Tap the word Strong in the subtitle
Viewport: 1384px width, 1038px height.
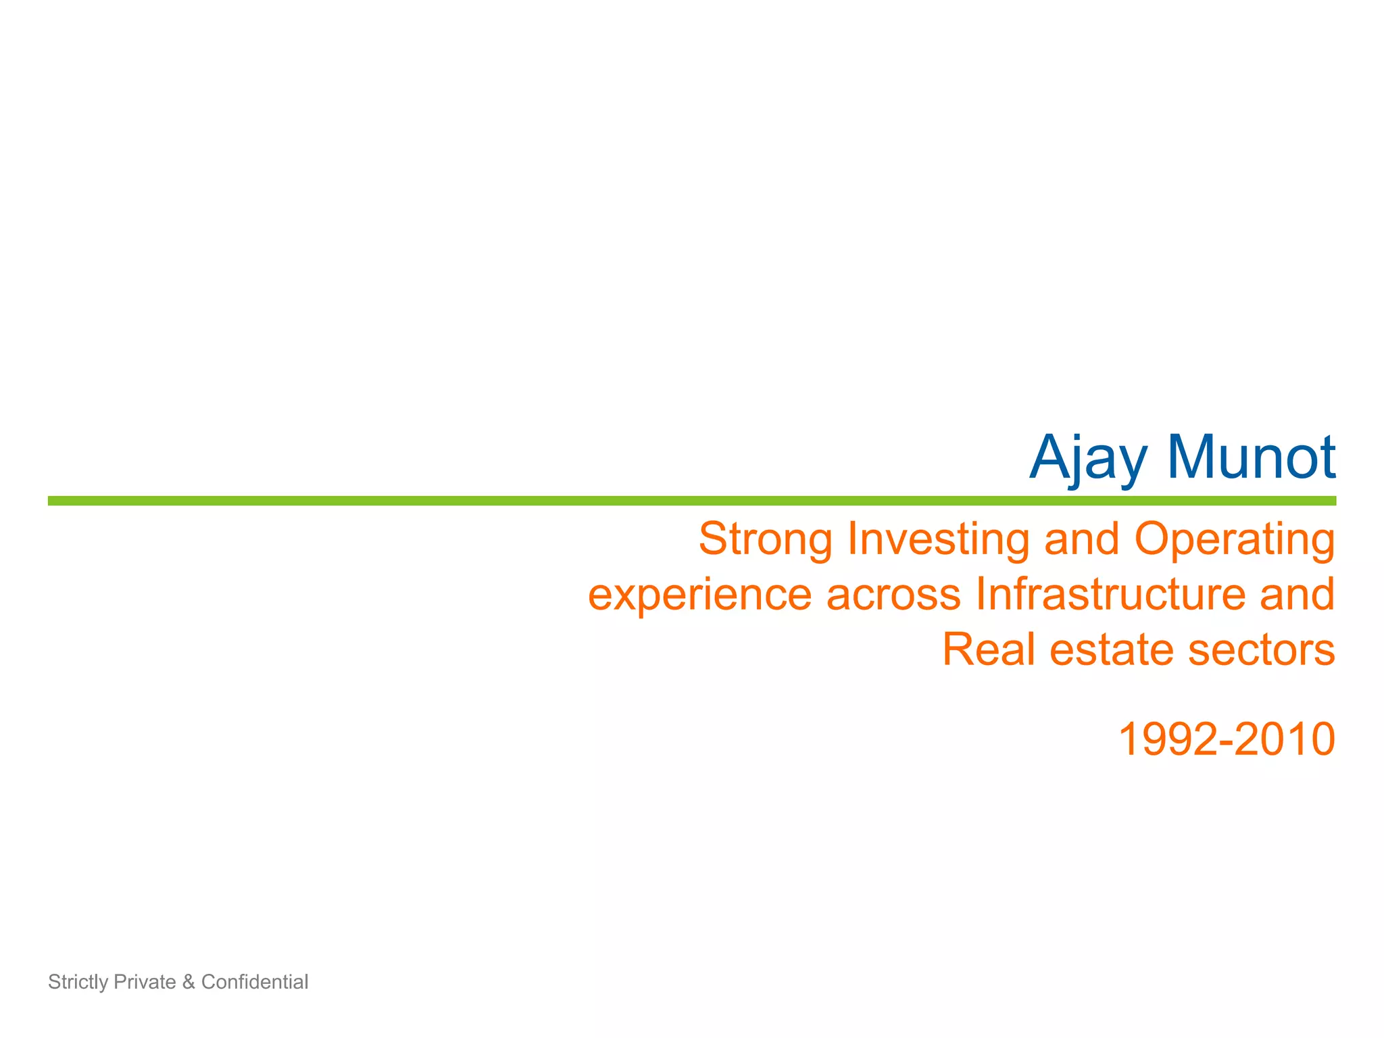[x=766, y=540]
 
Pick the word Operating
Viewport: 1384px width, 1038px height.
[x=1234, y=540]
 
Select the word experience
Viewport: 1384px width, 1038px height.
[x=699, y=595]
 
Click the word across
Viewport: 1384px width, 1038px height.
[x=893, y=595]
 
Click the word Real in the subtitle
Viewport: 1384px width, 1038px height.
[x=988, y=649]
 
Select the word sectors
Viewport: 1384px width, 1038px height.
[x=1261, y=649]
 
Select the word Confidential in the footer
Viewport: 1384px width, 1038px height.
[x=254, y=982]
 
